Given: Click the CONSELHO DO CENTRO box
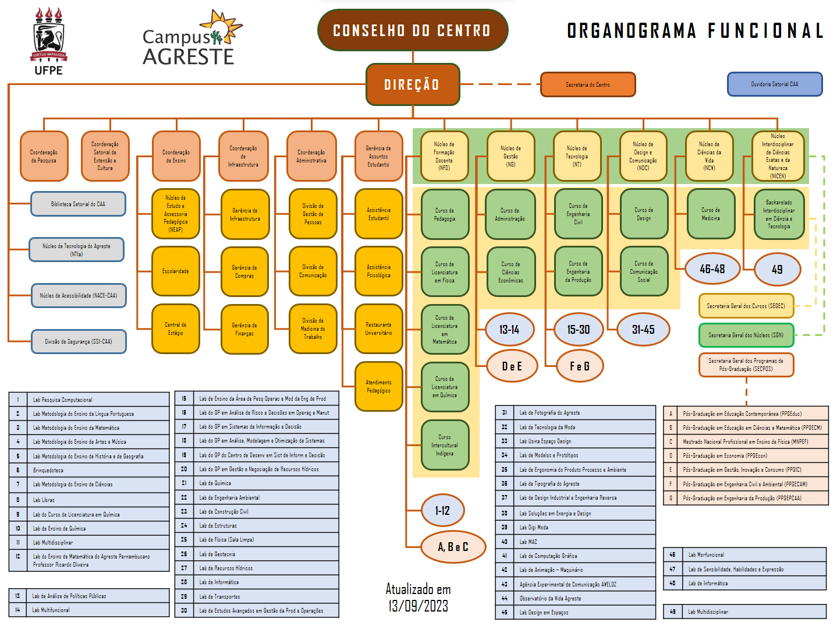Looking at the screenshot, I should point(412,30).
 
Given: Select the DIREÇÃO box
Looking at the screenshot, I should point(412,85).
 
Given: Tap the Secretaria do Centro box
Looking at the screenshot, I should point(588,84).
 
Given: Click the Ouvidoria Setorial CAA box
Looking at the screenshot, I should point(774,84).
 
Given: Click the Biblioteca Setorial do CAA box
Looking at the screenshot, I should point(78,204).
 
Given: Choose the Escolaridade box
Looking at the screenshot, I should point(176,271).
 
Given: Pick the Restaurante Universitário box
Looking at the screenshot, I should point(378,329).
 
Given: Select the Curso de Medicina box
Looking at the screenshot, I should point(710,214).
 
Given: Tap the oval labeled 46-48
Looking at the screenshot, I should point(712,269).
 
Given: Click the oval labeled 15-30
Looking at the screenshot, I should point(578,330).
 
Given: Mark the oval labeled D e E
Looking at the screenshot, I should point(512,366).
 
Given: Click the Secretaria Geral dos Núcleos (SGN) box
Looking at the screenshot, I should point(746,335).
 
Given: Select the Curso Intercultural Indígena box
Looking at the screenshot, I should point(445,445).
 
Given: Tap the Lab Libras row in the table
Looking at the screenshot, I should point(88,500).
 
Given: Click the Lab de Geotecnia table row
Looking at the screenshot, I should point(256,554).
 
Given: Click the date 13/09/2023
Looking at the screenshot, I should point(418,606).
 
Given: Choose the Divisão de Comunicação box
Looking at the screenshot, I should point(313,271).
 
